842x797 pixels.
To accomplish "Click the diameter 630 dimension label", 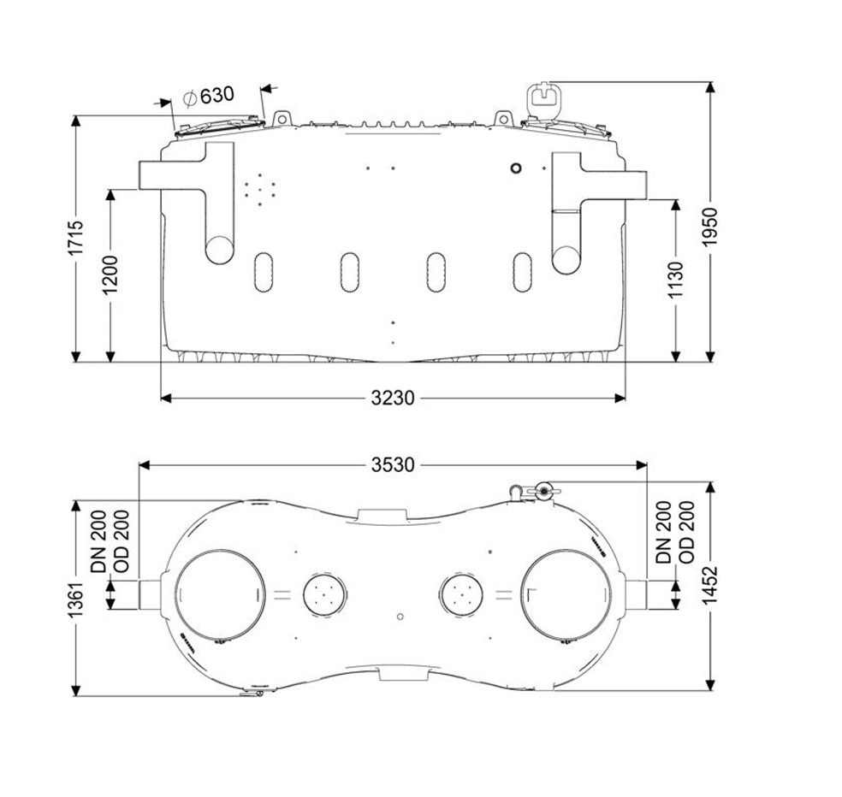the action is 208,96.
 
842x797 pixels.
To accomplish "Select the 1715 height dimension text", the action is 75,238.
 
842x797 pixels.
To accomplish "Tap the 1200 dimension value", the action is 110,275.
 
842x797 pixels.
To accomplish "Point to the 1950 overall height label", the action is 710,227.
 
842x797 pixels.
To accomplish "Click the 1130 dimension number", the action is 675,280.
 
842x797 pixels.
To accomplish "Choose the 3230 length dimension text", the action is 393,398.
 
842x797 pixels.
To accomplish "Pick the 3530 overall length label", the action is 393,465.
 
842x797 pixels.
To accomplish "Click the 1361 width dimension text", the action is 75,599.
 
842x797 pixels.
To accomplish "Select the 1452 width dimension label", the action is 710,585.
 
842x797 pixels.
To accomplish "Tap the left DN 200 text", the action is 98,541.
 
